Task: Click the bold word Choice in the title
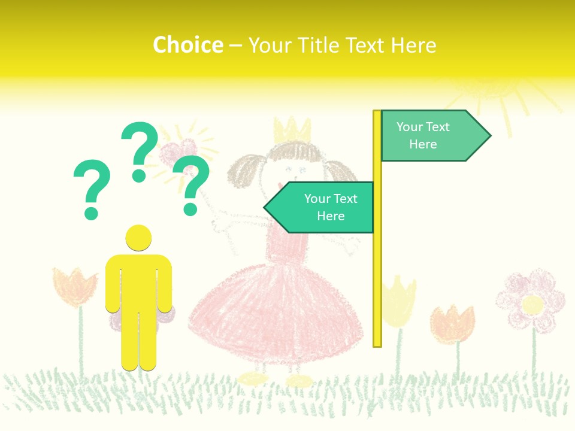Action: click(x=187, y=45)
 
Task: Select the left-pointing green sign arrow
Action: click(x=323, y=207)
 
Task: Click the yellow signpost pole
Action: click(x=377, y=269)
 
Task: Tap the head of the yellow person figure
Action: click(x=138, y=238)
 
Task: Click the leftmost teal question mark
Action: click(x=92, y=187)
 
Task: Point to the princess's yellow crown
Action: click(x=292, y=130)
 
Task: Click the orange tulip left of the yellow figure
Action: click(x=74, y=286)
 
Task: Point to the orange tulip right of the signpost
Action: click(x=453, y=323)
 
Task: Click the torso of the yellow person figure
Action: click(x=138, y=281)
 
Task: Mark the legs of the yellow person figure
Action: click(x=138, y=341)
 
